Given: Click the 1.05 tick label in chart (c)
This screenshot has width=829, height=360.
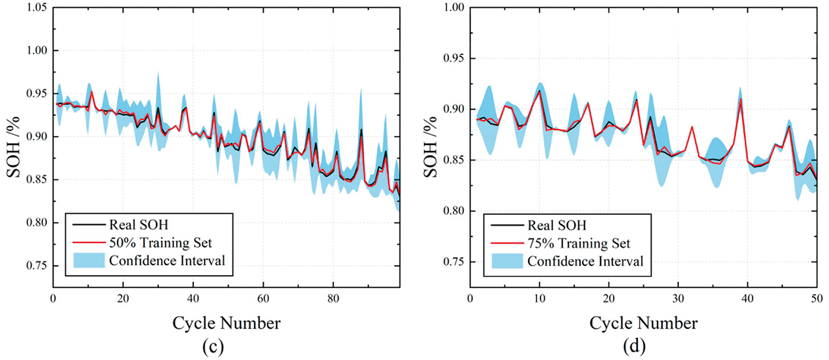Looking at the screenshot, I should (37, 7).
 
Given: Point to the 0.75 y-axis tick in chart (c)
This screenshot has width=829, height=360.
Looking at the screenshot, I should (37, 265).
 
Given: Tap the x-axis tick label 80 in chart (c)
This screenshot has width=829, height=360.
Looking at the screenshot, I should (333, 299).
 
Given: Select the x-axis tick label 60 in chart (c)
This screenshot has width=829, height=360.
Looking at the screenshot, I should (263, 299).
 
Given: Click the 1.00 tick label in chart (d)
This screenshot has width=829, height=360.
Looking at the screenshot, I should (454, 7).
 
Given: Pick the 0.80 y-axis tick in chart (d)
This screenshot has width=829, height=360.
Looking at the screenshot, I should (454, 211).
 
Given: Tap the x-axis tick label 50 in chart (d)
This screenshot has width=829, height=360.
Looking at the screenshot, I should (817, 299).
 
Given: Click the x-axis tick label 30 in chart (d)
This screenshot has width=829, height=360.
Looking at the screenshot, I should (678, 299).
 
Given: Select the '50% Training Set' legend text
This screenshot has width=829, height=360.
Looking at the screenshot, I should (160, 243).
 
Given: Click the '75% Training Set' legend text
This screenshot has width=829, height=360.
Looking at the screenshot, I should (579, 243).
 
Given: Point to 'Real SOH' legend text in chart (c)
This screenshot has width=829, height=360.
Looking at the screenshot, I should (138, 225).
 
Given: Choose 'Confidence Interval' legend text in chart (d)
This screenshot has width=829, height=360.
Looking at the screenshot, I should (585, 261).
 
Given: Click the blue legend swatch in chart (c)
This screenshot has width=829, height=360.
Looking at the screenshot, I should (89, 260).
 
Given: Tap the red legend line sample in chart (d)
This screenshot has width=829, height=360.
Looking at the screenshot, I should (507, 243).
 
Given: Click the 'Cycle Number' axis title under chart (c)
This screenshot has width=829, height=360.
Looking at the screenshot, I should (226, 323).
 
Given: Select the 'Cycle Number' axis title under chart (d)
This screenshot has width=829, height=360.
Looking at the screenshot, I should (643, 323).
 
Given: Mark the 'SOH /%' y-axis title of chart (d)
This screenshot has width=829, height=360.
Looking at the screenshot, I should (430, 147).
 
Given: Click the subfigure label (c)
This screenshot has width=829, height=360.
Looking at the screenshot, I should (213, 346).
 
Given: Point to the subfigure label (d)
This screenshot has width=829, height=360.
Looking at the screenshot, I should (634, 346).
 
